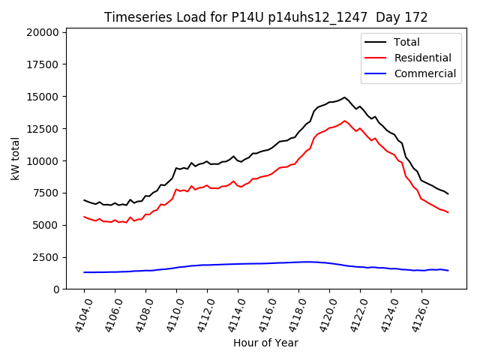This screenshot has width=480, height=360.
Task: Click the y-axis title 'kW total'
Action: [16, 158]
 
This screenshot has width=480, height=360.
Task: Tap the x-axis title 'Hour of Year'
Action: [265, 343]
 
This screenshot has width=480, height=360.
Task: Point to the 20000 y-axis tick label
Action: [42, 32]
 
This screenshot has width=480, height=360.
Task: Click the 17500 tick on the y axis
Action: [42, 64]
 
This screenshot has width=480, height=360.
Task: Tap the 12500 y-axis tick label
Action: [42, 129]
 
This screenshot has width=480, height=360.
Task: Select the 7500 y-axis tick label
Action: [45, 193]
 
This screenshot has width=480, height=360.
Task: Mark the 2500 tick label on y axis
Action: [45, 257]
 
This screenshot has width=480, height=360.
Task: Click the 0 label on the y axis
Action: [56, 289]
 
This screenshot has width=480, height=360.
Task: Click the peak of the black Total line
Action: [345, 97]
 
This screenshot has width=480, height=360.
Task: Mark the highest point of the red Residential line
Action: [345, 121]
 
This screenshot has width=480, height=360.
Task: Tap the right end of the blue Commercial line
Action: [448, 270]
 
